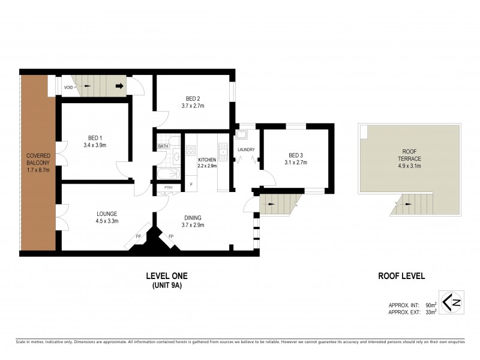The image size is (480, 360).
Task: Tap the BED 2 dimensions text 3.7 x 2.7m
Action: point(193,106)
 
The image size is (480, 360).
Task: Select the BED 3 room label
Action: point(294,155)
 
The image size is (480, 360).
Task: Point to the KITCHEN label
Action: point(207,160)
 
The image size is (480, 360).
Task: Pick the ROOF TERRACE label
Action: point(412,154)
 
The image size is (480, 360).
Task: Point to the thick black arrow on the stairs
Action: point(119,86)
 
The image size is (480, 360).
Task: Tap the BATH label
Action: point(163,146)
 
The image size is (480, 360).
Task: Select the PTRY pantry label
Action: point(168,187)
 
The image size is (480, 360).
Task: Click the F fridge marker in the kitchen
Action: point(191,183)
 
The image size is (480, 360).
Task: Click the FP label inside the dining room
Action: point(171,236)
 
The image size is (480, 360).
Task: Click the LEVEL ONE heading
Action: point(167,276)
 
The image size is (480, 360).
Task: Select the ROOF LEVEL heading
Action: point(401,277)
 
